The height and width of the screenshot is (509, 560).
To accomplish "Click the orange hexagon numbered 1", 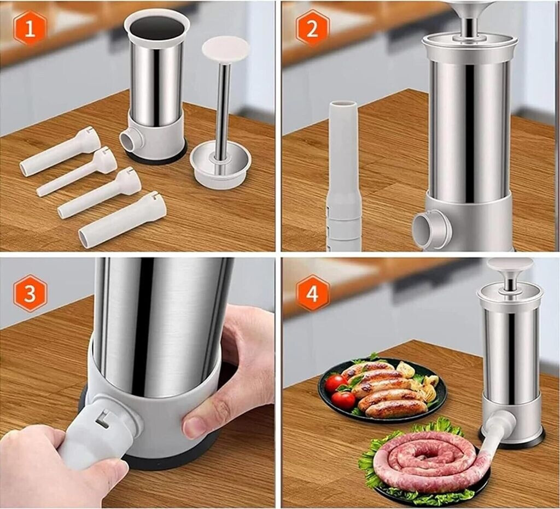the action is tap(30, 28).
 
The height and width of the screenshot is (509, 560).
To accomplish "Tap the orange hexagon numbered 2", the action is tap(312, 28).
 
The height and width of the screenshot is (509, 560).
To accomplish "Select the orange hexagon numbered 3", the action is tap(30, 293).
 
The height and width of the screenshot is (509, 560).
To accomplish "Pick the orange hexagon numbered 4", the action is tap(312, 293).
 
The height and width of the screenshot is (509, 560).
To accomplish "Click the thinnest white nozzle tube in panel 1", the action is tap(77, 171).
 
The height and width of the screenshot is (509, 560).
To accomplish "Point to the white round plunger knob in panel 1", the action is tap(225, 49).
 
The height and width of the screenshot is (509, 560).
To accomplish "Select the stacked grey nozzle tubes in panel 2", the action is tap(343, 176).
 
